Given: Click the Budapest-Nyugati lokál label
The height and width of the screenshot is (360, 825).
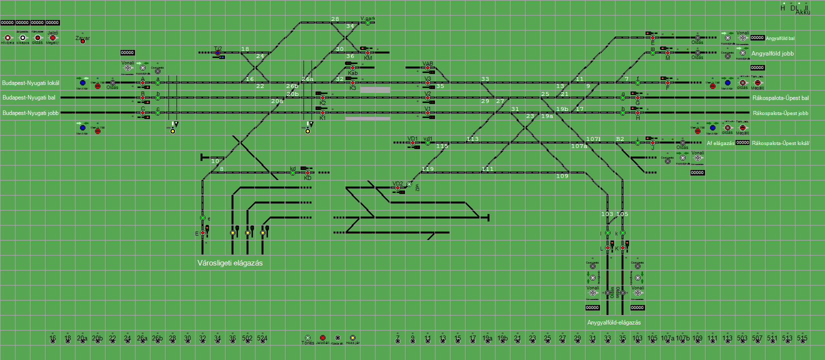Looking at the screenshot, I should pos(30,83).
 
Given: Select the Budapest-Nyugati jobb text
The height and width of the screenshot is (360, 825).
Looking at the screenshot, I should pos(30,113).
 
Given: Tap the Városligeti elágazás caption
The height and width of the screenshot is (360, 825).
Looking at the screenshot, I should pos(230,263).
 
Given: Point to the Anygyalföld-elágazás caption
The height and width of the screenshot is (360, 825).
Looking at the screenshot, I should pos(614,322).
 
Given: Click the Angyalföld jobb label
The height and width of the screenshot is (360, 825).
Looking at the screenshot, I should pos(772,53).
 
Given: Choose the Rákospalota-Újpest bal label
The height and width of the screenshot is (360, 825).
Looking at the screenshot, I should pos(780,98).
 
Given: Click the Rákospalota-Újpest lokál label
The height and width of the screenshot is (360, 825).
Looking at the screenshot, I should pos(780,143).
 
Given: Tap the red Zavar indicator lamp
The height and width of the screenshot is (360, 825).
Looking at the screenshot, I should pos(82,41).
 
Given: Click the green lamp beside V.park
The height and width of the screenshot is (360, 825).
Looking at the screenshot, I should pos(367,23).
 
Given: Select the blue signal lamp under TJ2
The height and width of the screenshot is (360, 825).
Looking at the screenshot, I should pos(217,53).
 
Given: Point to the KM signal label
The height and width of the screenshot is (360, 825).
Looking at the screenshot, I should pos(368,58).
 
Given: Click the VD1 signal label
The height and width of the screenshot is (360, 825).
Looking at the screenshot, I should pos(412,138).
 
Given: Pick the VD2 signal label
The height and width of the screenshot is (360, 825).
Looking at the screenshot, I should pos(397,183).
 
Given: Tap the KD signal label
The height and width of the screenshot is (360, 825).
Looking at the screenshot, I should pos(307,178).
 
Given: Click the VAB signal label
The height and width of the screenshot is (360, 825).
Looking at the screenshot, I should pos(427,63).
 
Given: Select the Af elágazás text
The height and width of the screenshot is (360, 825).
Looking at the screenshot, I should pos(720,143).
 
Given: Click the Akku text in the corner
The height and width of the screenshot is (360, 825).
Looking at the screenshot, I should pos(803,12).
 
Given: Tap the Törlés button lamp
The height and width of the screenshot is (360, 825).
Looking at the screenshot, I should pos(307,338).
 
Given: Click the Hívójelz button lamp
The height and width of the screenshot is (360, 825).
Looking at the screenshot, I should pos(7,38).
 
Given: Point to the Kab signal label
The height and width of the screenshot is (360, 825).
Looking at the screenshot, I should pos(352,73).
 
